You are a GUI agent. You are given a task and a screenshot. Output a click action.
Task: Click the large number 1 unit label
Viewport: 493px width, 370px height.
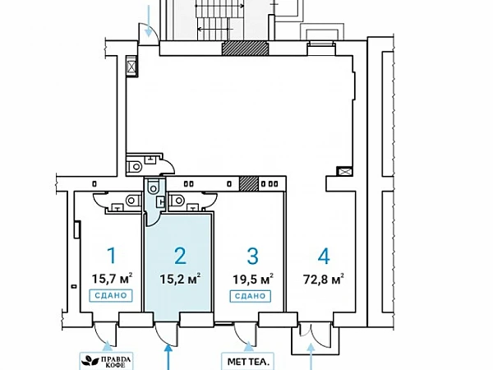[112, 255]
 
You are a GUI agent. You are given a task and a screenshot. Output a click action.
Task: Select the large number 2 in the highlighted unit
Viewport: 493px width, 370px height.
[180, 256]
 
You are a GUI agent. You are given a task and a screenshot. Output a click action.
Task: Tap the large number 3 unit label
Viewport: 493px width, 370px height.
[252, 256]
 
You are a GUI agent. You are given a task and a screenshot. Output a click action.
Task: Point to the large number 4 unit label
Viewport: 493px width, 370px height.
[324, 256]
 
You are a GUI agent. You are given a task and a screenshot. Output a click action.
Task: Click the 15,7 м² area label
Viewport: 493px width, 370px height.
[112, 279]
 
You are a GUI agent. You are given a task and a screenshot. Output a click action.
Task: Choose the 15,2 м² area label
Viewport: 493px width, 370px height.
[180, 279]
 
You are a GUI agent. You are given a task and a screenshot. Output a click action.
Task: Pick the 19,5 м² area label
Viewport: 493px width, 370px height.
[252, 279]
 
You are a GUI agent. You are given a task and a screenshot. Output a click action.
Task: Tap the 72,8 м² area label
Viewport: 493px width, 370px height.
[323, 279]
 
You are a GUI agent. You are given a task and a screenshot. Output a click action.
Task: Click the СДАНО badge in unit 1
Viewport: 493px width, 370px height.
[111, 295]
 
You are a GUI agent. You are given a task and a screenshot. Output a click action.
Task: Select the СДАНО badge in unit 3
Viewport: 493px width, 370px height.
[251, 296]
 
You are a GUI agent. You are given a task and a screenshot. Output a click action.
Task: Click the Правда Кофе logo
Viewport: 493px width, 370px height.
[106, 361]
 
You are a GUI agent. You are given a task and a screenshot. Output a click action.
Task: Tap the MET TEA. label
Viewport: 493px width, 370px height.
[248, 362]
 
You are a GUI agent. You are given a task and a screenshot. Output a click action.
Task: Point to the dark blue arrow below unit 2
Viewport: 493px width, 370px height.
[168, 357]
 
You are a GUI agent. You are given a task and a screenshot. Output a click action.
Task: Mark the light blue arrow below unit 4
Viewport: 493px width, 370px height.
[311, 357]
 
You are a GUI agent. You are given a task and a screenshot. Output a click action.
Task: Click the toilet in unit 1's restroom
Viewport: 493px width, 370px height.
[133, 201]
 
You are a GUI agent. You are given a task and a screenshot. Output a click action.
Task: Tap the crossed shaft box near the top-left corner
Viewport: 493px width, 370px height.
[131, 66]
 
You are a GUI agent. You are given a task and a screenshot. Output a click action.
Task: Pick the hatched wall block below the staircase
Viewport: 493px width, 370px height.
[246, 49]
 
